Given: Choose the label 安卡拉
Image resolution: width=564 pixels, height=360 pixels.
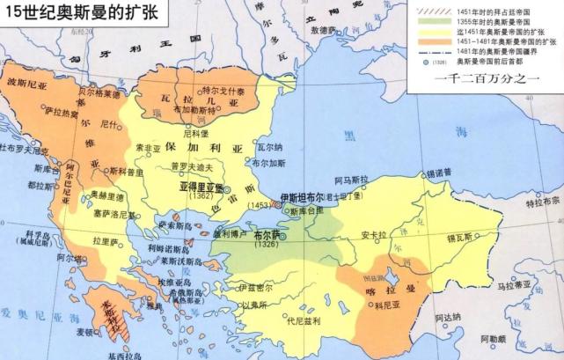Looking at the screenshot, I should (x=374, y=235).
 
